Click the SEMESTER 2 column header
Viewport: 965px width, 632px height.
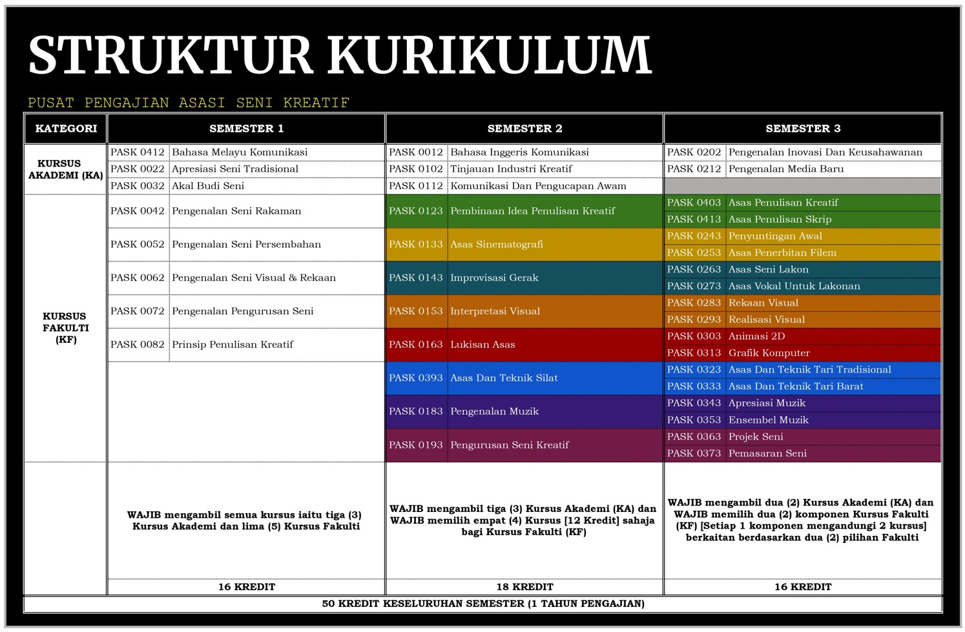pyautogui.click(x=524, y=128)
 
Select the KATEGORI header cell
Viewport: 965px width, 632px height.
pyautogui.click(x=66, y=128)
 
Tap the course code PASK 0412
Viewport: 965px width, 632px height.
pyautogui.click(x=138, y=152)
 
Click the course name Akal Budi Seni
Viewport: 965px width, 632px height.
pyautogui.click(x=208, y=186)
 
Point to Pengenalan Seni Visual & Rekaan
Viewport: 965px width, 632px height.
pyautogui.click(x=254, y=278)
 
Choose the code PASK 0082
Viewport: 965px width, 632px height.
pyautogui.click(x=138, y=345)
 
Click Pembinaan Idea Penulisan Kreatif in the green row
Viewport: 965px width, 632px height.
pyautogui.click(x=532, y=211)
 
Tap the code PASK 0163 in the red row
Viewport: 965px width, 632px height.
pyautogui.click(x=416, y=345)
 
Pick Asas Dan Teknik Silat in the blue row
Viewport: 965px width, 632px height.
pyautogui.click(x=504, y=378)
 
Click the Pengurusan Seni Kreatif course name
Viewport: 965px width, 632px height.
pyautogui.click(x=509, y=445)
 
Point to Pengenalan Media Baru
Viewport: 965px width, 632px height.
pyautogui.click(x=786, y=169)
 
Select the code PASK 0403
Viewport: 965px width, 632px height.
pyautogui.click(x=694, y=203)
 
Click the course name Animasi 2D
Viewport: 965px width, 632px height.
pyautogui.click(x=756, y=336)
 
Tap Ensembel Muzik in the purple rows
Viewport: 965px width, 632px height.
pyautogui.click(x=768, y=420)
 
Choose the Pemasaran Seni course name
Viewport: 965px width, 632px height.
pyautogui.click(x=767, y=453)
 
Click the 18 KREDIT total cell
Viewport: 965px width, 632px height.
pyautogui.click(x=524, y=587)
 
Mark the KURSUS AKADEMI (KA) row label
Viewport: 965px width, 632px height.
pyautogui.click(x=66, y=169)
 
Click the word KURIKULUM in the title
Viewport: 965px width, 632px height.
pyautogui.click(x=489, y=55)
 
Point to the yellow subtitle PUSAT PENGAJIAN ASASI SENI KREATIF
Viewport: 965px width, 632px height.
pyautogui.click(x=189, y=103)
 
